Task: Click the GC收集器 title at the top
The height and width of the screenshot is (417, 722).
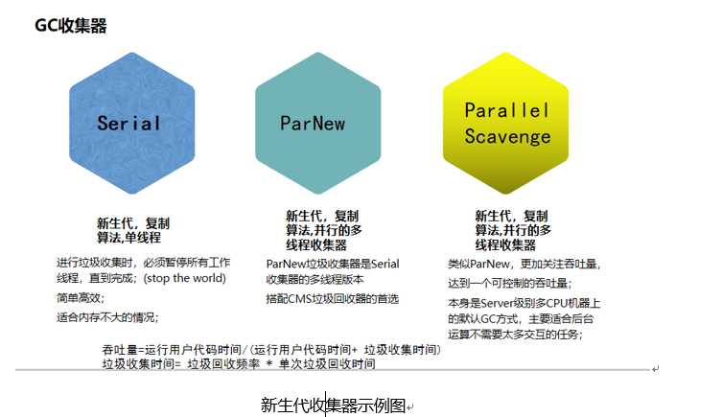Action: tap(71, 26)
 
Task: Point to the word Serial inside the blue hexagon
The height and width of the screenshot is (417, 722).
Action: tap(129, 124)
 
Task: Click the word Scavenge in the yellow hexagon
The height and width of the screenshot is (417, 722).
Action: tap(507, 136)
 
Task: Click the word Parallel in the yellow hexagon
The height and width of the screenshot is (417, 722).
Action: tap(507, 110)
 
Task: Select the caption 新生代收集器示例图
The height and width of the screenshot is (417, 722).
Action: tap(334, 405)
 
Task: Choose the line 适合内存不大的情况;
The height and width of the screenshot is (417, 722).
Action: tap(107, 317)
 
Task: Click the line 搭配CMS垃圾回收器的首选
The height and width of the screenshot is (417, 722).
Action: tap(332, 298)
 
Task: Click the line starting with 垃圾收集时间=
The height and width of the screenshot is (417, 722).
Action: tap(239, 364)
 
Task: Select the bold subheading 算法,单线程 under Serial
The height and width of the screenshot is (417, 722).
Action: tap(128, 237)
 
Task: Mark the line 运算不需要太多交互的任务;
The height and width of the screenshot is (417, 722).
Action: tap(515, 335)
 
